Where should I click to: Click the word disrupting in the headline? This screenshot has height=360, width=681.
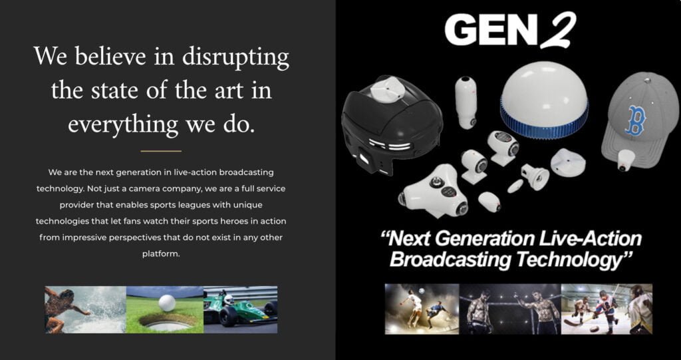(x=235, y=57)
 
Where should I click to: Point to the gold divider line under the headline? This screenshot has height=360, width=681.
(x=161, y=151)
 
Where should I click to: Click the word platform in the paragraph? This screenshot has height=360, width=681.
(x=161, y=254)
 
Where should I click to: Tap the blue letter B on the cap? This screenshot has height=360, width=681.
(x=635, y=120)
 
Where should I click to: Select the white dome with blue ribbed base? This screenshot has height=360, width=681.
(x=544, y=106)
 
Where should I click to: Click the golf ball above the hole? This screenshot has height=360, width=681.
(x=167, y=303)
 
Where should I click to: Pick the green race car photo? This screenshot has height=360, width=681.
(x=241, y=309)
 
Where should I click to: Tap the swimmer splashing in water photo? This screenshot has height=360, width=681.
(x=85, y=309)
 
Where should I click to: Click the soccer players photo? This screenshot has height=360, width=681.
(x=422, y=309)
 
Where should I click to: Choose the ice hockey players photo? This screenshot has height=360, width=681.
(x=607, y=309)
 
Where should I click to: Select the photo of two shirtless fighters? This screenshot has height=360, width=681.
(x=510, y=309)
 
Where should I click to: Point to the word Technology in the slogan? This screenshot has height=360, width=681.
(x=569, y=260)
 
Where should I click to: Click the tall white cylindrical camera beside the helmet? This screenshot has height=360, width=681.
(x=466, y=102)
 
